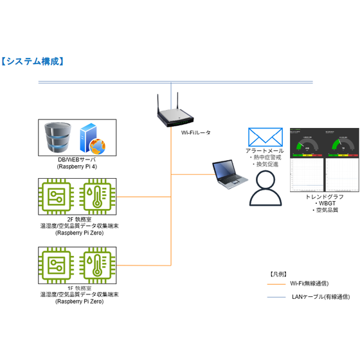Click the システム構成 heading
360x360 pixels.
(33, 62)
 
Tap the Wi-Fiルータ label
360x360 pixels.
(195, 132)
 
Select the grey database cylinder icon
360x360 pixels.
(59, 136)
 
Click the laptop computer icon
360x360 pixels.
(229, 175)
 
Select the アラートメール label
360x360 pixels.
(264, 150)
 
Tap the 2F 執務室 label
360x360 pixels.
(71, 220)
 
